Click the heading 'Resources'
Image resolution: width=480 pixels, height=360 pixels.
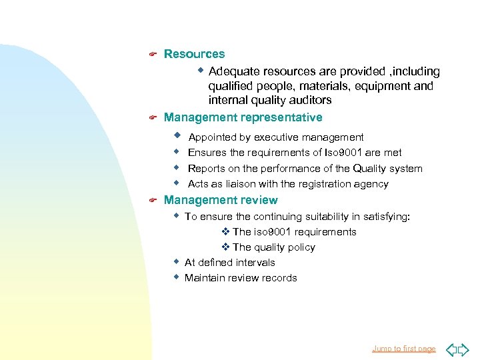(x=194, y=54)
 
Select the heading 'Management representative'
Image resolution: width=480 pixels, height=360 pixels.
(x=243, y=117)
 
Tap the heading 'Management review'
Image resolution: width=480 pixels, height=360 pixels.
(x=221, y=200)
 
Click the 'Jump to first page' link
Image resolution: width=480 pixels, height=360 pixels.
(x=403, y=349)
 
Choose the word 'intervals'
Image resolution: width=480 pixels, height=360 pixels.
(x=253, y=263)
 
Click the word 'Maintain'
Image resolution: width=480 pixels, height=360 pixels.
(x=203, y=278)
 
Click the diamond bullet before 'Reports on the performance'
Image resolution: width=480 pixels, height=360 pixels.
(x=177, y=167)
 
